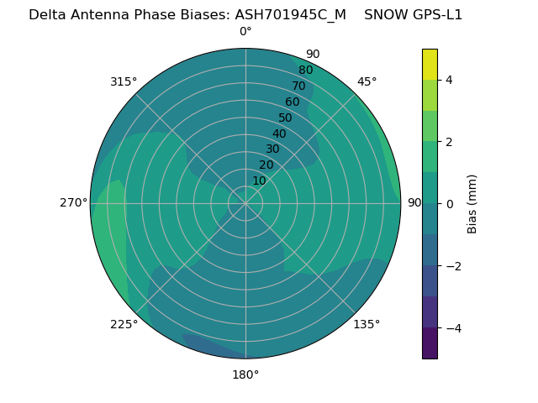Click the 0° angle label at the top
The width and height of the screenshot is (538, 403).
245,32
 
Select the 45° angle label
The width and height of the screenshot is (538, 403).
367,81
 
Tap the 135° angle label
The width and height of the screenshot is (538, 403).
367,324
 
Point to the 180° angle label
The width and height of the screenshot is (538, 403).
245,374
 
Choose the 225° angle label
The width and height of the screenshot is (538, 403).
124,324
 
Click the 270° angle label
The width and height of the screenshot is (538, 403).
74,202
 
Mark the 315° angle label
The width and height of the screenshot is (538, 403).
124,81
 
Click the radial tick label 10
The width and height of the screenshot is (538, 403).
259,181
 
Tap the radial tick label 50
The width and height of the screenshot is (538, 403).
285,118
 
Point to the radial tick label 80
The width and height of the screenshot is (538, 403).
305,71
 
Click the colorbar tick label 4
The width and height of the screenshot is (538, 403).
449,80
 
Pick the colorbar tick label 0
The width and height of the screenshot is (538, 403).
449,204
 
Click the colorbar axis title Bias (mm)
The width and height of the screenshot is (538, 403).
472,204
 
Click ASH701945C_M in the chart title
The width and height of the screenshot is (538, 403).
291,15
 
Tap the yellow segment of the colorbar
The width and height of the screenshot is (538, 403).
430,64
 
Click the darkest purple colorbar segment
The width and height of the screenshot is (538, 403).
430,343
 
